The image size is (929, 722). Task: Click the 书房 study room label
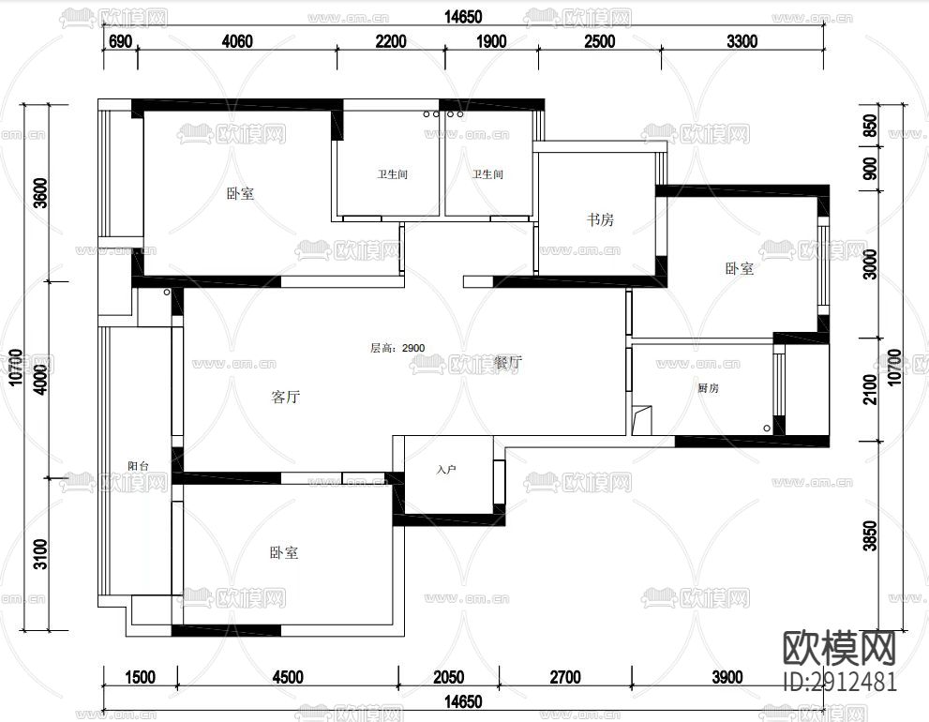pyautogui.click(x=601, y=219)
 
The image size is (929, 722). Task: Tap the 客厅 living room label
pyautogui.click(x=285, y=397)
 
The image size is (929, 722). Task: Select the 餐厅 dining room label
pyautogui.click(x=507, y=362)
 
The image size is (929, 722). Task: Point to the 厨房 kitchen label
pyautogui.click(x=708, y=388)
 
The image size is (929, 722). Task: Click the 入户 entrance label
pyautogui.click(x=446, y=468)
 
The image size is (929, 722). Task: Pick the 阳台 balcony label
pyautogui.click(x=139, y=466)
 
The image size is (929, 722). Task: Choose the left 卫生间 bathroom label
pyautogui.click(x=393, y=174)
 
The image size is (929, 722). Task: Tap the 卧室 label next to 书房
pyautogui.click(x=739, y=268)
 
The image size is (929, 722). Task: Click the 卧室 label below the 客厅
pyautogui.click(x=284, y=553)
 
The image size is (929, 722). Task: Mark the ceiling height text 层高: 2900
pyautogui.click(x=397, y=348)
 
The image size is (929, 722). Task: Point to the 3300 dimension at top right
pyautogui.click(x=741, y=40)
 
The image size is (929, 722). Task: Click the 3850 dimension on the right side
pyautogui.click(x=869, y=537)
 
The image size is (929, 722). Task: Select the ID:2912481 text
pyautogui.click(x=839, y=682)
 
